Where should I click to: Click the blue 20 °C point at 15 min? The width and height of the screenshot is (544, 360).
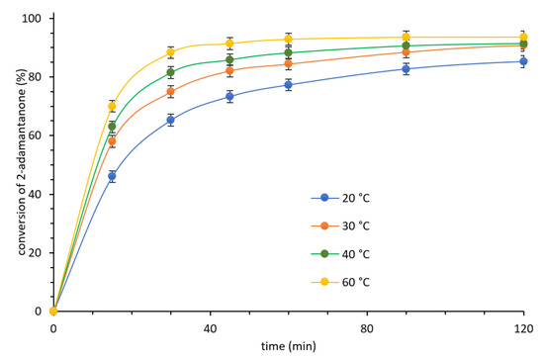pyautogui.click(x=112, y=176)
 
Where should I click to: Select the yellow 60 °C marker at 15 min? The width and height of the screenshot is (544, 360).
pyautogui.click(x=112, y=106)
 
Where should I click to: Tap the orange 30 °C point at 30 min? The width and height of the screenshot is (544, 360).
pyautogui.click(x=170, y=92)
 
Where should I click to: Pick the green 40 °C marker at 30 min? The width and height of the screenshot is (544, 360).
pyautogui.click(x=170, y=72)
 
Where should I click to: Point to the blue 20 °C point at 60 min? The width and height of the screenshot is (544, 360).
pyautogui.click(x=288, y=85)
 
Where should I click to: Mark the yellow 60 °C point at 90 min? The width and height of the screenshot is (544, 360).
pyautogui.click(x=406, y=38)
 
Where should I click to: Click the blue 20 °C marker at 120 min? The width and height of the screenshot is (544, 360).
pyautogui.click(x=523, y=61)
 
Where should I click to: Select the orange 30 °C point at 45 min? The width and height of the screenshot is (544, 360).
pyautogui.click(x=229, y=71)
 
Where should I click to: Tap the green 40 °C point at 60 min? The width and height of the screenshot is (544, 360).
pyautogui.click(x=288, y=52)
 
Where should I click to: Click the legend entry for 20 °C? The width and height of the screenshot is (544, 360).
pyautogui.click(x=340, y=198)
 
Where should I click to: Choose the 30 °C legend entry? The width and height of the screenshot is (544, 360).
pyautogui.click(x=340, y=226)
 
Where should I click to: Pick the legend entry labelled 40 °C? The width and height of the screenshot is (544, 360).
pyautogui.click(x=340, y=254)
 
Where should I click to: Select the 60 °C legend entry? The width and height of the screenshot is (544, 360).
pyautogui.click(x=340, y=282)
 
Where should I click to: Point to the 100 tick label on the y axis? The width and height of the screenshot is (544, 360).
pyautogui.click(x=32, y=18)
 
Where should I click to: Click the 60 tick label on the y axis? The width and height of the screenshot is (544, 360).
pyautogui.click(x=35, y=135)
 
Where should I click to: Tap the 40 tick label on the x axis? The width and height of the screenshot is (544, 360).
pyautogui.click(x=210, y=328)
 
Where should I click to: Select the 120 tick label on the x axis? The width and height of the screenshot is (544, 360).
pyautogui.click(x=523, y=328)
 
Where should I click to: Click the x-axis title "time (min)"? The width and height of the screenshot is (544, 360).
pyautogui.click(x=288, y=346)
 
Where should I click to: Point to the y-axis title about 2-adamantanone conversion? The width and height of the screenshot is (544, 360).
pyautogui.click(x=22, y=162)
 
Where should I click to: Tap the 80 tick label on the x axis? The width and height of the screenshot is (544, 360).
pyautogui.click(x=367, y=328)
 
